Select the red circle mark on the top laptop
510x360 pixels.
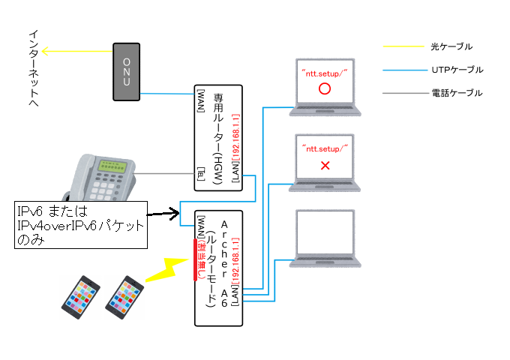(x=325, y=88)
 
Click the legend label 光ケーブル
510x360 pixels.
(x=452, y=46)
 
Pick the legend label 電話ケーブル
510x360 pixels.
(x=457, y=93)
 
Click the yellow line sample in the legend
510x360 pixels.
(x=404, y=46)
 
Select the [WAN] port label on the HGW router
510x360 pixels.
(x=201, y=100)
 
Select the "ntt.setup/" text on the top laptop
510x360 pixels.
(x=325, y=70)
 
